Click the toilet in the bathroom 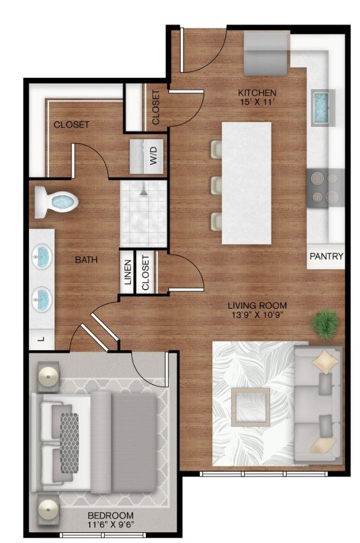[x=56, y=202]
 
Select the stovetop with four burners [x=325, y=188]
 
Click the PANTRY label [x=326, y=256]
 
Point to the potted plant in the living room [x=325, y=323]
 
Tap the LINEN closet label [x=128, y=272]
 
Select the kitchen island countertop [x=246, y=183]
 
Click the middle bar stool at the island [x=216, y=185]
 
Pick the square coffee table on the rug [x=250, y=407]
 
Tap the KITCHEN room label [x=257, y=93]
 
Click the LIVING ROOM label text [x=257, y=305]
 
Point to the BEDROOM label [x=111, y=515]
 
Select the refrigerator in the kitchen [x=266, y=53]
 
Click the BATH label [x=87, y=260]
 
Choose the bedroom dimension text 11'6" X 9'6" [x=111, y=524]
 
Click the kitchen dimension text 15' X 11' [x=257, y=102]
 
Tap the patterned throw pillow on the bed [x=70, y=444]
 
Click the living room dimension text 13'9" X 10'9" [x=257, y=315]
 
